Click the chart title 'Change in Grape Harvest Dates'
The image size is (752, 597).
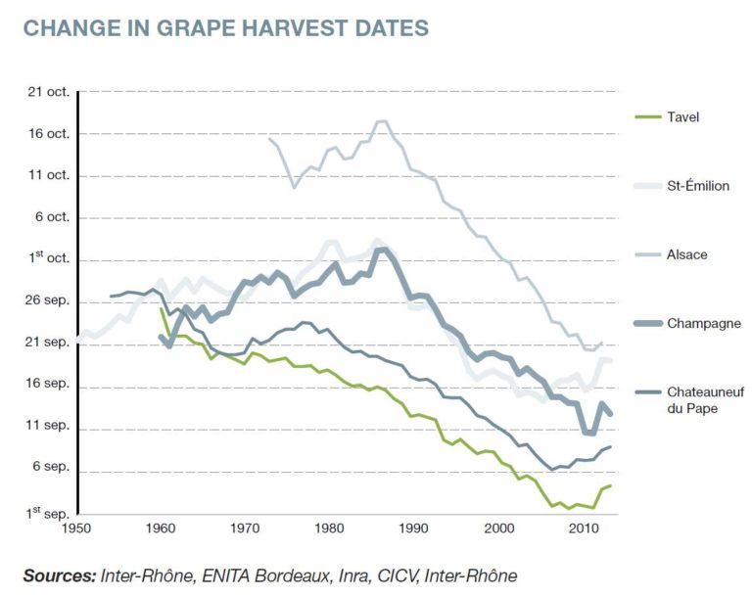[x=225, y=27]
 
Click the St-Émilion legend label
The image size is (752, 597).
[x=697, y=185]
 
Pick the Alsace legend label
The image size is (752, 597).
[x=686, y=254]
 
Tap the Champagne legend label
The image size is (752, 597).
[x=703, y=323]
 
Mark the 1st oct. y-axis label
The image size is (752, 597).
[x=47, y=259]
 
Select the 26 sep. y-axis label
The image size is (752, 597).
[x=47, y=301]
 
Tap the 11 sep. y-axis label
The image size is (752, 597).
[x=47, y=428]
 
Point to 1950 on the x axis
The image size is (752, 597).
[x=76, y=528]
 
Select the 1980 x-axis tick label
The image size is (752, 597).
[x=330, y=528]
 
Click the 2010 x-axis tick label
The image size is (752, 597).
[x=584, y=528]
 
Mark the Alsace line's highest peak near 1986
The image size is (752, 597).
[x=382, y=121]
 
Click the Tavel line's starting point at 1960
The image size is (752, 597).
[x=162, y=308]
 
